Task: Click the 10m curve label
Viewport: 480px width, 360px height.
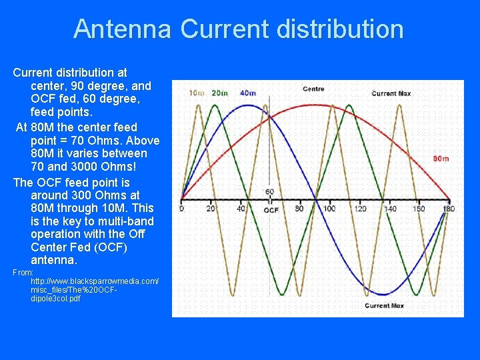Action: (197, 93)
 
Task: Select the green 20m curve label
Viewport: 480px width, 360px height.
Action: (219, 93)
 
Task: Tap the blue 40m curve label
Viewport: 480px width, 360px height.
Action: (247, 93)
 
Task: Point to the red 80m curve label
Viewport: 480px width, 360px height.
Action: (441, 159)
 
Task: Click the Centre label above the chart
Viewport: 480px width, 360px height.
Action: (313, 89)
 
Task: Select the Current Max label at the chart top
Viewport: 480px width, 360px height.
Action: (391, 93)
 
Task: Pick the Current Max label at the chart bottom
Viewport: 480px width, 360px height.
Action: (385, 305)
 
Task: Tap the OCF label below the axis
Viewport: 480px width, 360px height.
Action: (271, 210)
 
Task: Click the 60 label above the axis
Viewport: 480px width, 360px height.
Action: (269, 192)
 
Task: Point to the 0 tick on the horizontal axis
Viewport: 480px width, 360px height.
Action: (182, 209)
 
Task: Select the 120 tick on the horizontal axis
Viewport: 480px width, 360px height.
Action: (360, 209)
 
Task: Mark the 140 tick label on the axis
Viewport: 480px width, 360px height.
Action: (390, 209)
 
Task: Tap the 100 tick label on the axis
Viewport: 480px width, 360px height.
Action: (329, 209)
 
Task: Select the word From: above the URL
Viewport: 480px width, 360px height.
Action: (23, 272)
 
